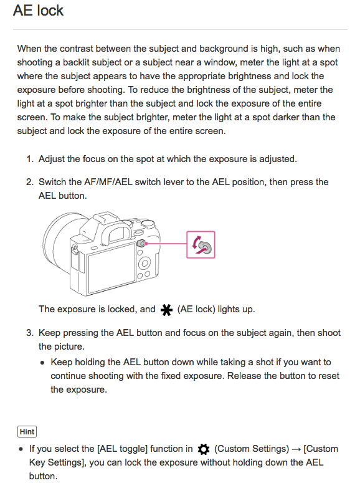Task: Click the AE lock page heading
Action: pyautogui.click(x=38, y=11)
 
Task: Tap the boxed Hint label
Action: pyautogui.click(x=27, y=431)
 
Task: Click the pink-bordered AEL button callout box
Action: pyautogui.click(x=201, y=244)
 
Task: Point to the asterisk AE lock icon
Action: pyautogui.click(x=166, y=310)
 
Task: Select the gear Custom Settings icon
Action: pyautogui.click(x=203, y=449)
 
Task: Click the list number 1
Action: pyautogui.click(x=30, y=159)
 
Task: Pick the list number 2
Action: pyautogui.click(x=30, y=182)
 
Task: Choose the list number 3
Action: pyautogui.click(x=30, y=333)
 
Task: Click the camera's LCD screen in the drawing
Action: pyautogui.click(x=111, y=267)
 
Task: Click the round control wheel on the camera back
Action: pyautogui.click(x=144, y=264)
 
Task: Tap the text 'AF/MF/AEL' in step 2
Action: pyautogui.click(x=108, y=182)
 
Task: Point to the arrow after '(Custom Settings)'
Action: pyautogui.click(x=296, y=449)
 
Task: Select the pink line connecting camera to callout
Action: pyautogui.click(x=166, y=243)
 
